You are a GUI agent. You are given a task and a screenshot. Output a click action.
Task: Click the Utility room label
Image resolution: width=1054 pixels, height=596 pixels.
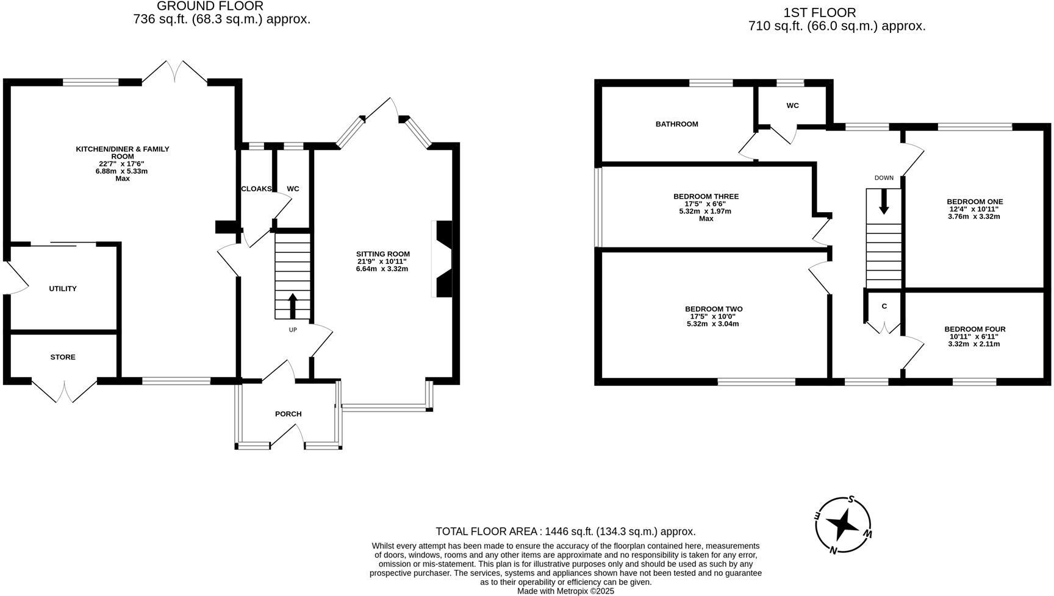coord(63,289)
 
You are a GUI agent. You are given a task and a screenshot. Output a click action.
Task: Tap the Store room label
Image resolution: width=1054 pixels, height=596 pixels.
coord(63,357)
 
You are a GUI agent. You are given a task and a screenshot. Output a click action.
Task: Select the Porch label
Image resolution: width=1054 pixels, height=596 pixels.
coord(288,414)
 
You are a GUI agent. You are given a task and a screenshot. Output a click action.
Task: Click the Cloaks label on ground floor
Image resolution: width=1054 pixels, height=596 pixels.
coord(256,189)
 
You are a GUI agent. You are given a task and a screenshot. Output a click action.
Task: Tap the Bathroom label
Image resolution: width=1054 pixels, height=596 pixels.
coord(676,124)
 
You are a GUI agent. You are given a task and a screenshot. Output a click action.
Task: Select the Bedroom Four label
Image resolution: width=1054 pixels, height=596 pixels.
coord(974,329)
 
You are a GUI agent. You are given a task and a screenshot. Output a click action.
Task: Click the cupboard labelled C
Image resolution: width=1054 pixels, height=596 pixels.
coord(884,306)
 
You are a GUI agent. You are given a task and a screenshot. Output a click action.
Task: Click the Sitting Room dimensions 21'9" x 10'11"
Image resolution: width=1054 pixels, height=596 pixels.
coord(382,261)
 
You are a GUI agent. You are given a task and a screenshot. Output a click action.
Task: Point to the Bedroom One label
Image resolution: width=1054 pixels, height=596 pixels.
coord(974,202)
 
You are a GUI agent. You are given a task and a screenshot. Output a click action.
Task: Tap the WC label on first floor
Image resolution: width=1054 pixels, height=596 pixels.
coord(792,105)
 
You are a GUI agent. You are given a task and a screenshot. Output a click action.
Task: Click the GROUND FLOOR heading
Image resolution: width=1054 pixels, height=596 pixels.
coord(210,6)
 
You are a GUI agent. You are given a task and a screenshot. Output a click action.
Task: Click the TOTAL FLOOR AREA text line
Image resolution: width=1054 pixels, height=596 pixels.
coord(565,531)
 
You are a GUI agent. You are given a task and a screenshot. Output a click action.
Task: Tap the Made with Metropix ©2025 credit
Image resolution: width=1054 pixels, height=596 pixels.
coord(565,591)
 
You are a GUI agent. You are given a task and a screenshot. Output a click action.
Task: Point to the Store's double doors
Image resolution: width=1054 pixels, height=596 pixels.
coord(64,390)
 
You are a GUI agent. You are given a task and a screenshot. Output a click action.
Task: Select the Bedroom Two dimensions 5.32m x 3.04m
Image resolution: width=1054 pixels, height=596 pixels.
coord(713,324)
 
